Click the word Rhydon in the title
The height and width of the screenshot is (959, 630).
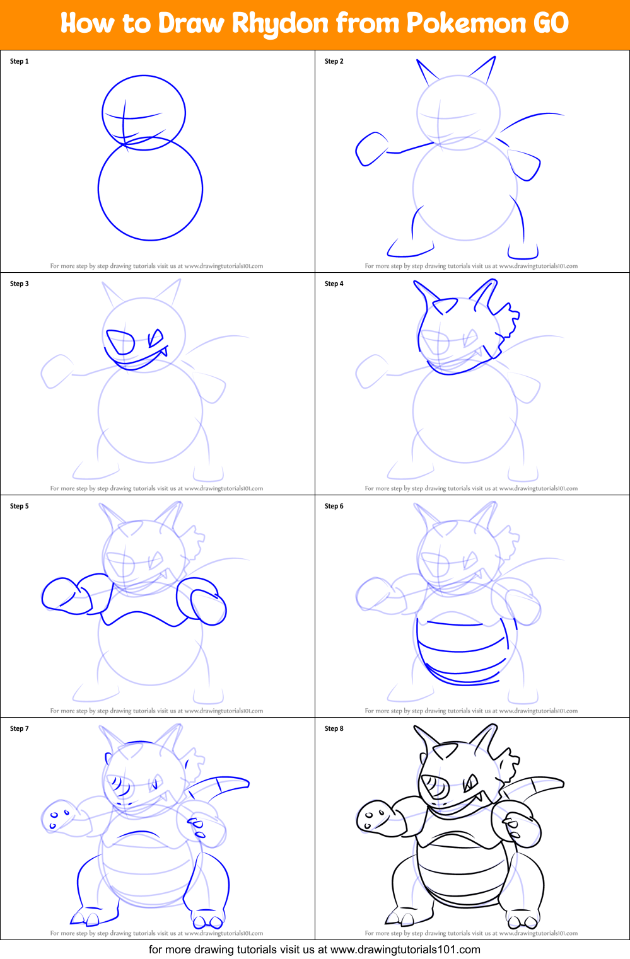coord(280,24)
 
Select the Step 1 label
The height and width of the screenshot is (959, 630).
coord(20,61)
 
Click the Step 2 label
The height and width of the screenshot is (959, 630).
coord(334,61)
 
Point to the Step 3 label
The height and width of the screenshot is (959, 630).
coord(20,284)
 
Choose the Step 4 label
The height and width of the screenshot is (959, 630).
coord(334,284)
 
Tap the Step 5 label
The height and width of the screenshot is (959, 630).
coord(20,506)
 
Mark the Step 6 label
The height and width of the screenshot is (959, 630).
coord(334,506)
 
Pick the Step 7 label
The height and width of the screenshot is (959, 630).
coord(20,728)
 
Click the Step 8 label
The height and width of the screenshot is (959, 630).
coord(334,728)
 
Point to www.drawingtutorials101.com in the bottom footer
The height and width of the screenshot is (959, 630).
coord(405,950)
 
